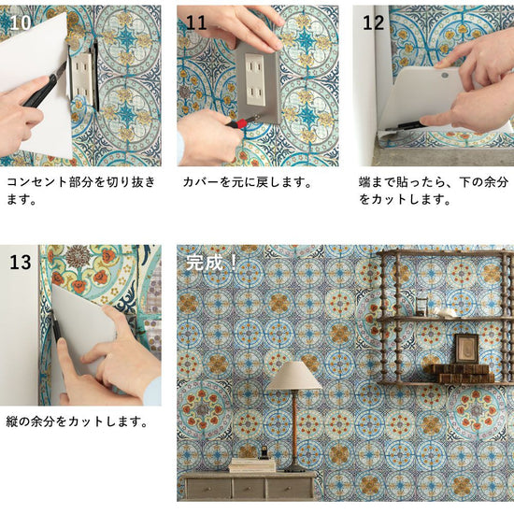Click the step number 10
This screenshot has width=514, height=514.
[x=21, y=23]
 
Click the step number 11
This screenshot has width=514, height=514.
[x=196, y=23]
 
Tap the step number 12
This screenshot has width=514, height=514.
[x=373, y=23]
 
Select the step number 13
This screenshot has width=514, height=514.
[x=21, y=263]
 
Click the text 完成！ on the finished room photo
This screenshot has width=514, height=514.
[x=211, y=263]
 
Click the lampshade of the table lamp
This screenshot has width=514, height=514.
[x=293, y=376]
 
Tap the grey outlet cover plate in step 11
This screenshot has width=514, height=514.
[x=258, y=83]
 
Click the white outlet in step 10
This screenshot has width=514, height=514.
[x=81, y=77]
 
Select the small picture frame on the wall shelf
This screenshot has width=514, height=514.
[x=466, y=349]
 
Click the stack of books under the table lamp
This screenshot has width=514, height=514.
[x=252, y=465]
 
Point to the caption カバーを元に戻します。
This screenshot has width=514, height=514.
[x=247, y=182]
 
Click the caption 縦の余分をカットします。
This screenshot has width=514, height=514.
[x=77, y=421]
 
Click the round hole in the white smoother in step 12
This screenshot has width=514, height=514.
[x=444, y=75]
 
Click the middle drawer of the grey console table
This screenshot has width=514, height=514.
[x=250, y=488]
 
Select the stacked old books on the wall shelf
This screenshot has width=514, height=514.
[x=459, y=373]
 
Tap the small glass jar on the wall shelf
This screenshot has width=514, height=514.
[x=421, y=306]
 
